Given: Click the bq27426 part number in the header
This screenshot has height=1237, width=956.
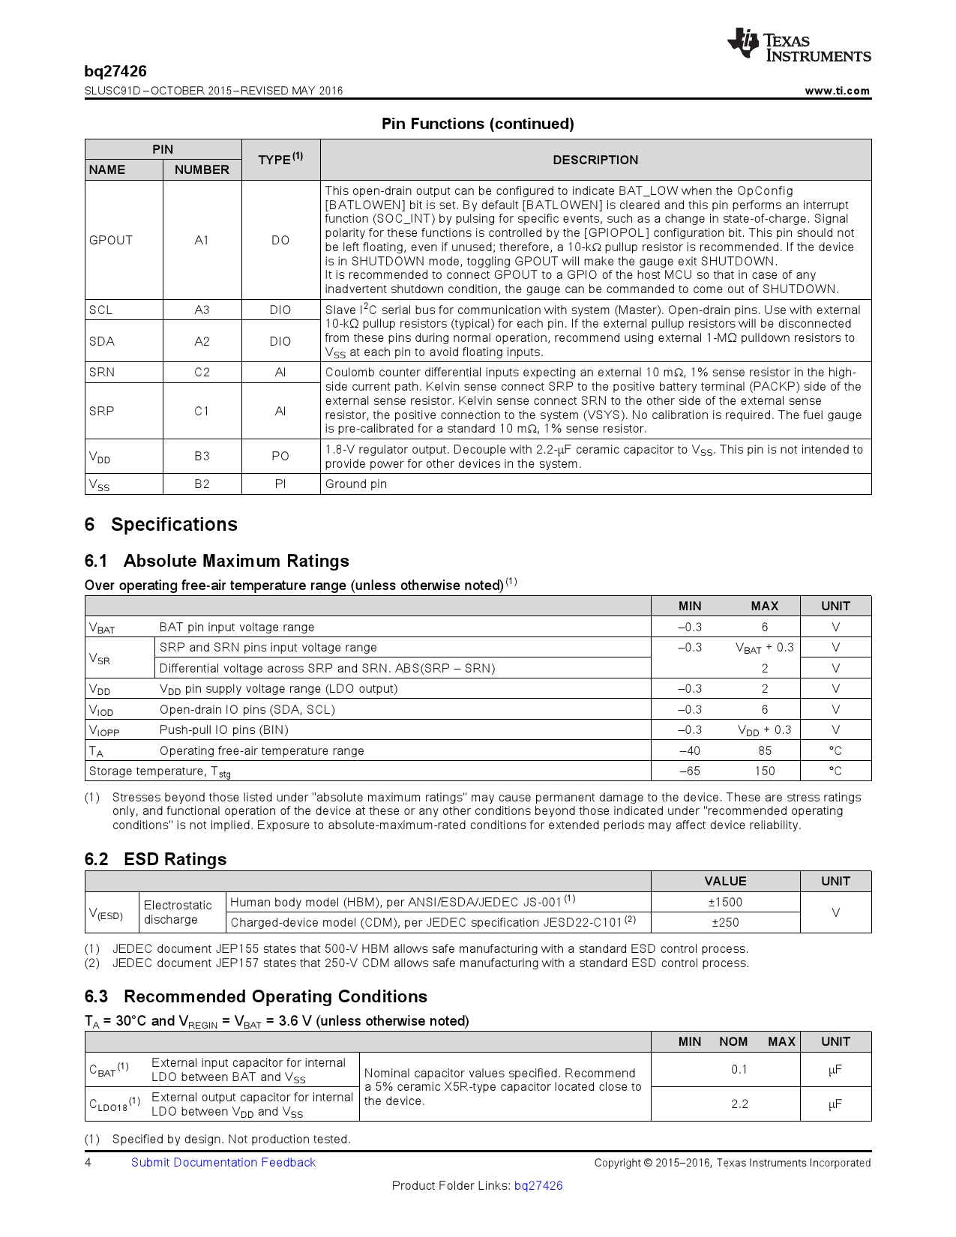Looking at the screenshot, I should [x=115, y=71].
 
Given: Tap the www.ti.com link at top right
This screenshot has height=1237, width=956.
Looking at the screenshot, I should [x=837, y=91].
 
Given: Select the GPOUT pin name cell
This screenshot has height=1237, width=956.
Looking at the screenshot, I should [x=111, y=240].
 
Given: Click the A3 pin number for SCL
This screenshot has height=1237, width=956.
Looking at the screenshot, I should [x=202, y=310].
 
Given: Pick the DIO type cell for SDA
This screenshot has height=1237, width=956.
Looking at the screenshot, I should [x=280, y=341].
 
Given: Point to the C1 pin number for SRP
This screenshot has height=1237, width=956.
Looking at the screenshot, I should [x=202, y=411].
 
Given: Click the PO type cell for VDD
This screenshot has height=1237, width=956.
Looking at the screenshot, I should [x=280, y=456].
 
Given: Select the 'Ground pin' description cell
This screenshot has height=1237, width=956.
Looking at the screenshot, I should [x=356, y=484].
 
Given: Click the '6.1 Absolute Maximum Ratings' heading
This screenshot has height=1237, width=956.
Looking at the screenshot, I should [x=217, y=561].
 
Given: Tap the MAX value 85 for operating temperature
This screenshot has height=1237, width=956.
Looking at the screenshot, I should [x=764, y=750].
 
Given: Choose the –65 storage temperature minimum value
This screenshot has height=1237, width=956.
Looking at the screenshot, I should [x=689, y=771].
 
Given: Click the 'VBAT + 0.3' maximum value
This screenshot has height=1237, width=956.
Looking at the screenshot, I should [x=764, y=648].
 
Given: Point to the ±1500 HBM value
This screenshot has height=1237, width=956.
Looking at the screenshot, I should [x=725, y=902].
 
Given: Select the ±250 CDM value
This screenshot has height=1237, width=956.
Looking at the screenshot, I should [x=725, y=922].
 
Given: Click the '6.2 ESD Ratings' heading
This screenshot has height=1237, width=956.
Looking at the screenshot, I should [x=155, y=859].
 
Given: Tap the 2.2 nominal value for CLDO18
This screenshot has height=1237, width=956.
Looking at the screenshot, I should [x=739, y=1104].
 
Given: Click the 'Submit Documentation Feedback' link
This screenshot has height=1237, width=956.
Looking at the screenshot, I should [x=223, y=1162].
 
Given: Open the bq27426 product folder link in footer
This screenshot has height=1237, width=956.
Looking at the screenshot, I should [x=538, y=1185].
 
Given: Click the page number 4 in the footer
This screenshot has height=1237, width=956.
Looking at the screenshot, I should [x=88, y=1162].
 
